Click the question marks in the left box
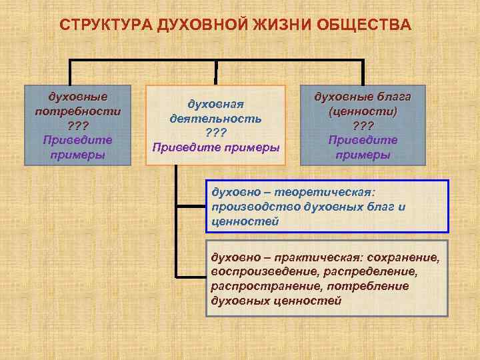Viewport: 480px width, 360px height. [77, 125]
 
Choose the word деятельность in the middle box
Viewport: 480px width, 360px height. [215, 118]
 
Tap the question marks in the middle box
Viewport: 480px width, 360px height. [215, 133]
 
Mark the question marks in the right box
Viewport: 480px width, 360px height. [364, 125]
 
